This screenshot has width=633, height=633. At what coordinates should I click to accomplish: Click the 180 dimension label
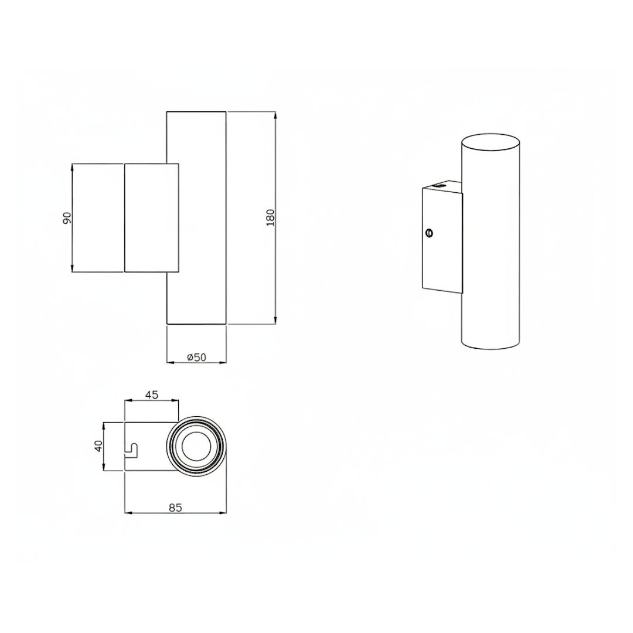[x=270, y=217]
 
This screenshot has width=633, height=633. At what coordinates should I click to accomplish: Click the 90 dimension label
[x=67, y=218]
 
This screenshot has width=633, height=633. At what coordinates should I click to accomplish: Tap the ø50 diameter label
[x=196, y=358]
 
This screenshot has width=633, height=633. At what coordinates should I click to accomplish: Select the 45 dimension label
[x=151, y=395]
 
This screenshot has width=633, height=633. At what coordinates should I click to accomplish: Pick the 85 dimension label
[x=176, y=508]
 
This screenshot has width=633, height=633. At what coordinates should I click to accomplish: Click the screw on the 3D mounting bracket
[x=430, y=233]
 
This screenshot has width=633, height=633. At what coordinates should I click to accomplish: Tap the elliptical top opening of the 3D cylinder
[x=491, y=144]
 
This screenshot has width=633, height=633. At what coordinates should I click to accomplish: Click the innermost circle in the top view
[x=196, y=447]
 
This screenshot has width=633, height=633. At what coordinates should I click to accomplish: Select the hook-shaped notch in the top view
[x=132, y=451]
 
